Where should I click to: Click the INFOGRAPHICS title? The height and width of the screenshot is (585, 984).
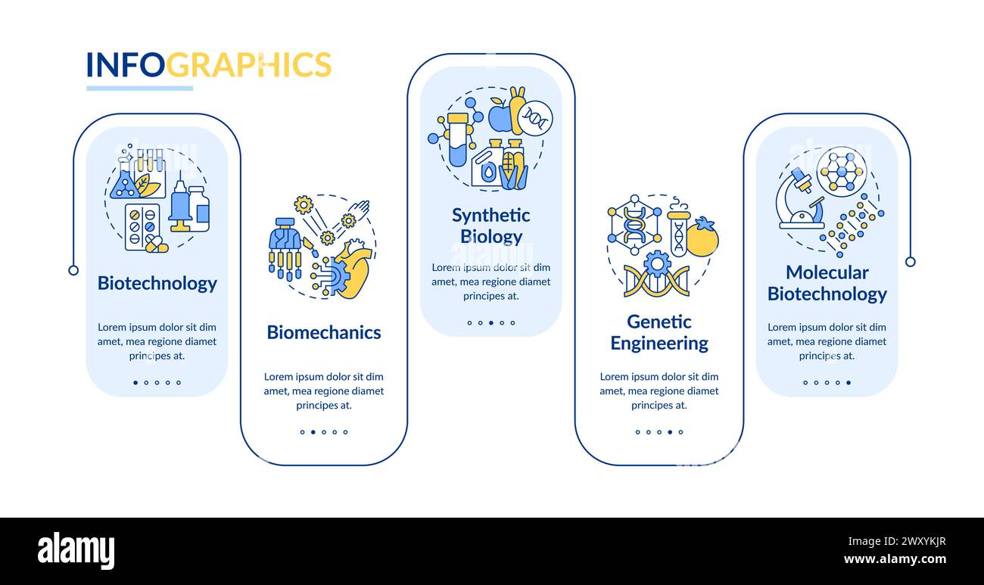(x=208, y=65)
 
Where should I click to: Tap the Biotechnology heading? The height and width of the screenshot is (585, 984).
(x=157, y=283)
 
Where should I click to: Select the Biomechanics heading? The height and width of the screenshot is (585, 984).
(x=323, y=332)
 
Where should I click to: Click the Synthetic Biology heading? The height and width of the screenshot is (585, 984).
(x=490, y=226)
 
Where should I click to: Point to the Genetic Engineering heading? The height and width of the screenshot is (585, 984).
(x=659, y=332)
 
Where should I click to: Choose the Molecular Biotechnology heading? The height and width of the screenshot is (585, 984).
(x=827, y=283)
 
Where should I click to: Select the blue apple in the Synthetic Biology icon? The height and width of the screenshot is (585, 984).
(x=500, y=115)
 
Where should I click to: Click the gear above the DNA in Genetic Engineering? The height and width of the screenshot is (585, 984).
(x=657, y=263)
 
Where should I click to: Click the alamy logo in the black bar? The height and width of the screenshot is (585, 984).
(x=76, y=551)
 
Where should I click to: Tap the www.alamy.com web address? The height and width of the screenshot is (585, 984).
(x=895, y=560)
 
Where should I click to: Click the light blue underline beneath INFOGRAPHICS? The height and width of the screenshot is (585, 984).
(x=139, y=89)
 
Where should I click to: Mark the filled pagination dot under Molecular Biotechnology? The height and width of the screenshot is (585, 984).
(x=848, y=382)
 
